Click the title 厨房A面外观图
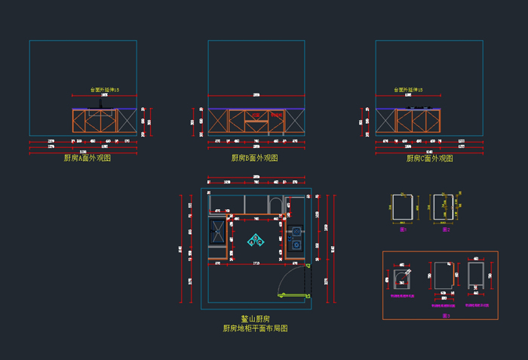click(88, 158)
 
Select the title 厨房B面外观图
click(254, 158)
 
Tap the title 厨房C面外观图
click(429, 158)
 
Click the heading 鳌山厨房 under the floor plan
click(254, 319)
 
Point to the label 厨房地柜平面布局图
click(254, 329)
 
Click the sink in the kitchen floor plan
click(218, 232)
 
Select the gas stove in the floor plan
click(296, 237)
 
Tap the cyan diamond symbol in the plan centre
click(257, 239)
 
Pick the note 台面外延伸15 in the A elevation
click(104, 90)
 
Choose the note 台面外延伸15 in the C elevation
click(408, 90)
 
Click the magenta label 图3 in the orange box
click(446, 315)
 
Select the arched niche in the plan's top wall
click(275, 206)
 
